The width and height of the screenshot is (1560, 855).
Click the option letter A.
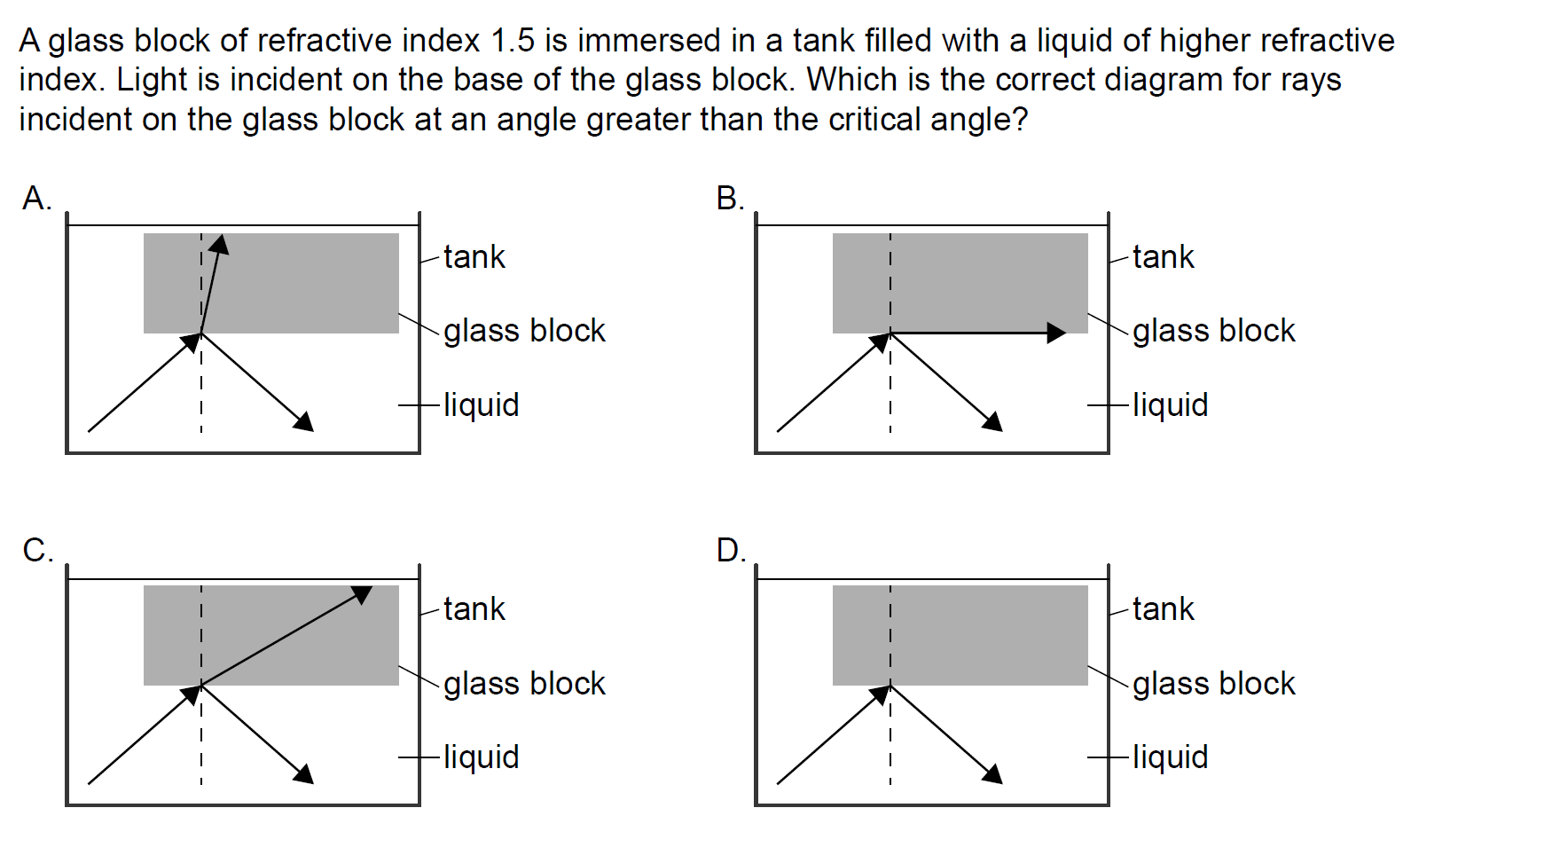(35, 199)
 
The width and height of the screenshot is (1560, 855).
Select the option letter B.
(729, 199)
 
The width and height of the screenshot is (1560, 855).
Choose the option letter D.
(730, 551)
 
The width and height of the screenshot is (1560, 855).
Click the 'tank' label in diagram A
(474, 257)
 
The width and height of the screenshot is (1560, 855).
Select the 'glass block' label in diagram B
(1213, 331)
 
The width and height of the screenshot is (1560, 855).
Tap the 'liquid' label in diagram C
(481, 757)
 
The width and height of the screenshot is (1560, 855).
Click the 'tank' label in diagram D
(1163, 609)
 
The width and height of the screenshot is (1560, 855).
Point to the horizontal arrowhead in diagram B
(1056, 333)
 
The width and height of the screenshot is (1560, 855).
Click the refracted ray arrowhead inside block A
(220, 244)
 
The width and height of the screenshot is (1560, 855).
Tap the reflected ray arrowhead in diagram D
(993, 774)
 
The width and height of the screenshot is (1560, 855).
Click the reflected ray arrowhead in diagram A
(304, 422)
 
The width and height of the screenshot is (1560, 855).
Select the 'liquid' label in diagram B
(1170, 405)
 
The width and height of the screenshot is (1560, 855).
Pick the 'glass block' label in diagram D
(1213, 684)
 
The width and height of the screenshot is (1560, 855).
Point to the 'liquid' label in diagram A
(481, 405)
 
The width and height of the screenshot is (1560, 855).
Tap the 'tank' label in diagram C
(474, 609)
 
